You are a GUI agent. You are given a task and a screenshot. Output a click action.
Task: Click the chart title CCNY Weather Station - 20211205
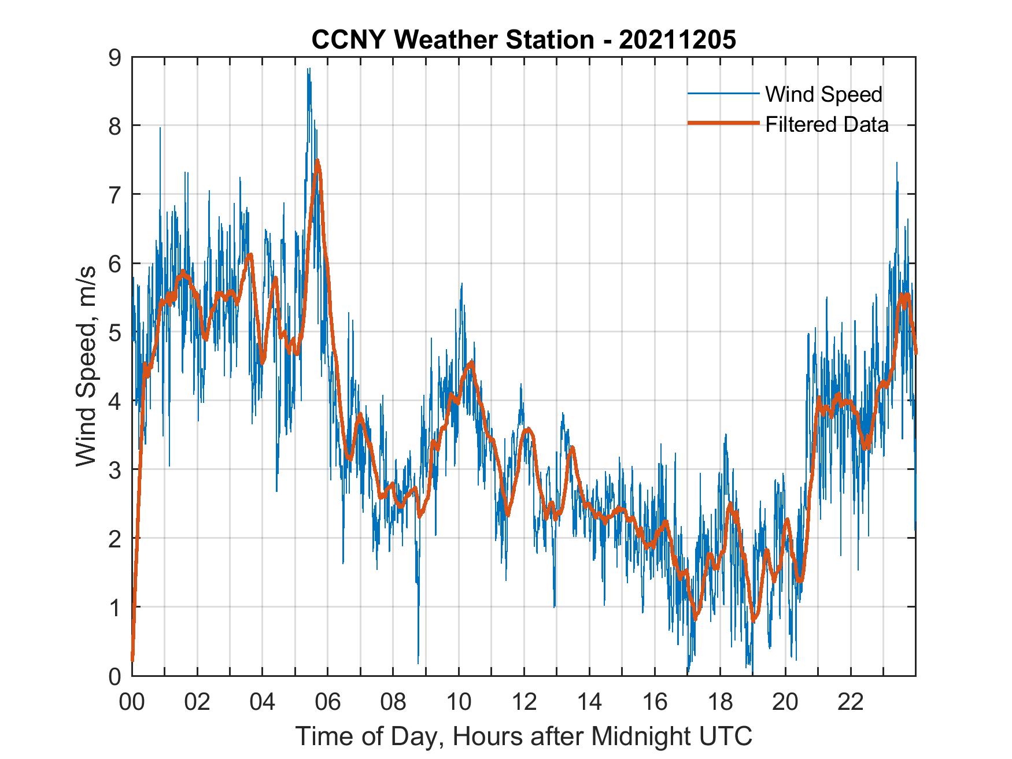523,40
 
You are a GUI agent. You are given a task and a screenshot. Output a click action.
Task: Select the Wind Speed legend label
823,94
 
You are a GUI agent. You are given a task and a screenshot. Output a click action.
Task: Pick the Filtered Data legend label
827,124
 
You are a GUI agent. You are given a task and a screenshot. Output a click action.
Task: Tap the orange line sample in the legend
723,124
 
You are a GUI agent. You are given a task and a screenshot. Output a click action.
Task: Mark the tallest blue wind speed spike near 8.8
309,69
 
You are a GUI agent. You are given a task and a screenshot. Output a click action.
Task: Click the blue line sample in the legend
723,94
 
